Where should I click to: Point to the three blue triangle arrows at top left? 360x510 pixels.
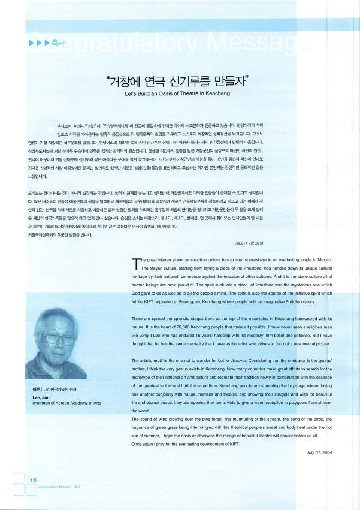point(36,43)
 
